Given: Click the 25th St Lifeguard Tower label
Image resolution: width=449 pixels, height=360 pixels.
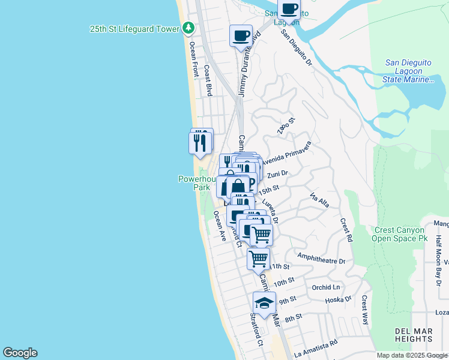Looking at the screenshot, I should (x=134, y=29).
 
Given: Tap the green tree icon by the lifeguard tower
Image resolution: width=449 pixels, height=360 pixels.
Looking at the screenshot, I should (x=188, y=28).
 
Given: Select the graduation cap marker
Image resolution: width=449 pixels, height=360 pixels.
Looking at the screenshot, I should (x=264, y=302).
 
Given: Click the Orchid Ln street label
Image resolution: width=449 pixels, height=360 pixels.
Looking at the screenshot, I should (x=326, y=287).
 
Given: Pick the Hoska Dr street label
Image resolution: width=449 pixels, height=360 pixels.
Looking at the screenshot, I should (x=340, y=299).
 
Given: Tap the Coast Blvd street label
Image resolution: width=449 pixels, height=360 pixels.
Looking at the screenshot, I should (x=208, y=80).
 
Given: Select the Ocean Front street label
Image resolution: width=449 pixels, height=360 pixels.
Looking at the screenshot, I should (x=193, y=59).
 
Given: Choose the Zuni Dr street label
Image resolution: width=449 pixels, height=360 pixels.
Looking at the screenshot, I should (x=278, y=175).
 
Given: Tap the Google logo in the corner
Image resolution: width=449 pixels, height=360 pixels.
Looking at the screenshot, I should (x=20, y=353).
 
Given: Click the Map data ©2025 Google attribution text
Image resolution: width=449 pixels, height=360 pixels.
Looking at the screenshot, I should (x=412, y=356).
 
